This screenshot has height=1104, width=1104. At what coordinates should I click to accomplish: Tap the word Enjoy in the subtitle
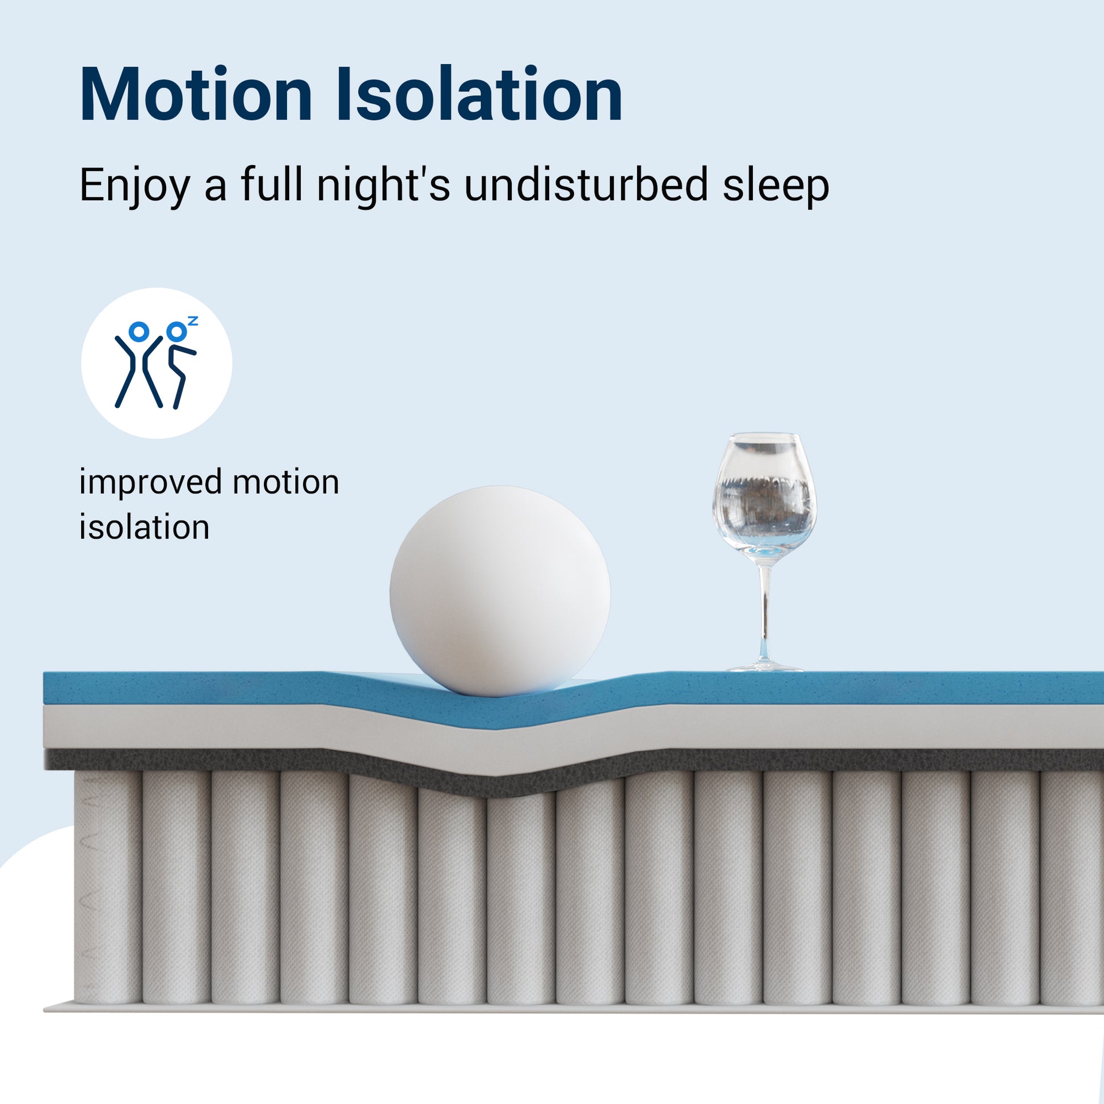point(135,186)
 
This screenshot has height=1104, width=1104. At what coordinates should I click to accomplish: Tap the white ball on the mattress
point(499,591)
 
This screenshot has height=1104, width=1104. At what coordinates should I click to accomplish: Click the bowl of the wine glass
point(765,498)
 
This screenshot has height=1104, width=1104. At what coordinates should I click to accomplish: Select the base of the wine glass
point(765,665)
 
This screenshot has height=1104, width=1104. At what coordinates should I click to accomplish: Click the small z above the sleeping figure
point(192,321)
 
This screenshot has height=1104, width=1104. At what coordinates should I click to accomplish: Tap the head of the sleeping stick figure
point(176,331)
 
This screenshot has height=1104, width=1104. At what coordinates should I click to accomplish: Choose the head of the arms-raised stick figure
point(139,331)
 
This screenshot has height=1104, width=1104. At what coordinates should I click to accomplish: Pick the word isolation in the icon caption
point(144,526)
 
